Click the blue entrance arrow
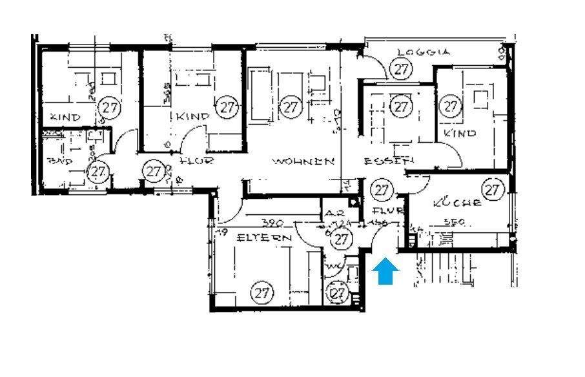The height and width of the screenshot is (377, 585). [x=385, y=272]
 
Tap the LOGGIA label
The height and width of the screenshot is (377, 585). [x=423, y=53]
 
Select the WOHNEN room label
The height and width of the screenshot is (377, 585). [x=303, y=161]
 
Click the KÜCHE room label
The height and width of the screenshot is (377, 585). [x=457, y=203]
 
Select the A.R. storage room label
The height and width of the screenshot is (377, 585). [x=334, y=214]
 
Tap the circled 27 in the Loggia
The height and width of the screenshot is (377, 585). [x=402, y=68]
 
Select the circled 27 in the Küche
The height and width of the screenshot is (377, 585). [x=493, y=190]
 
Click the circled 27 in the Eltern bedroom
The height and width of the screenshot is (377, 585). [x=262, y=292]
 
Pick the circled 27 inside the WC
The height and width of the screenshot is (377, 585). [x=338, y=294]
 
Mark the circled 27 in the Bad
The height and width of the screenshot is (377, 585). [x=97, y=172]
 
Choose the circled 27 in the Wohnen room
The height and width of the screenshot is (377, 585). [x=291, y=106]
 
